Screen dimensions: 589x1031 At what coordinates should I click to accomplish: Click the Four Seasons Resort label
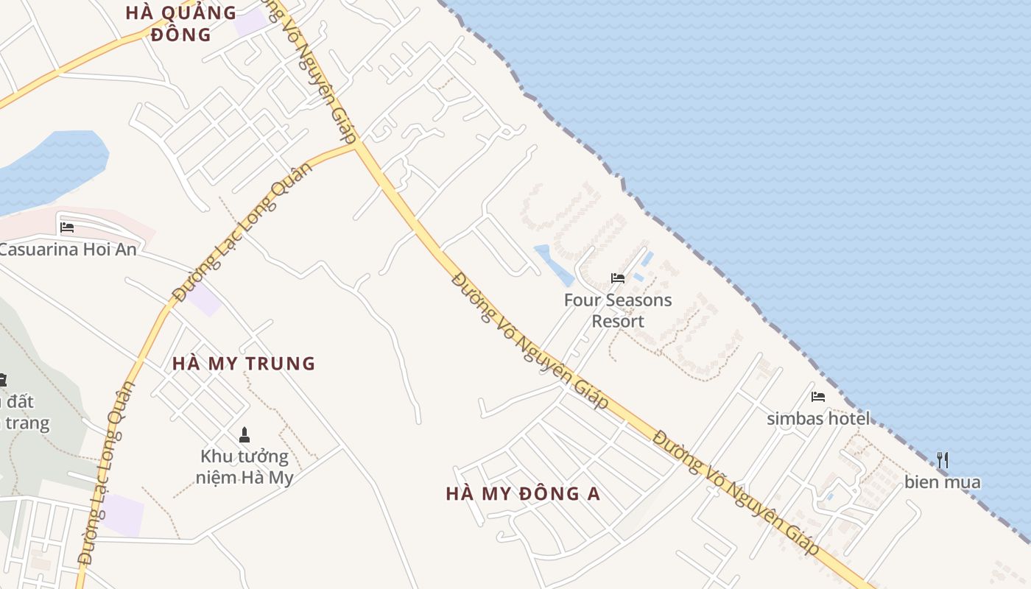click(618, 310)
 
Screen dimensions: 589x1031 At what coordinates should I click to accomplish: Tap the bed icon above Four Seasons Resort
click(618, 278)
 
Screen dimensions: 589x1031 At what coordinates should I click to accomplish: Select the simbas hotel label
click(817, 419)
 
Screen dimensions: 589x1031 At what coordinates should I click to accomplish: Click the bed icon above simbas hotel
click(817, 397)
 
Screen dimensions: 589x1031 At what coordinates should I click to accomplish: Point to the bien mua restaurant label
click(943, 483)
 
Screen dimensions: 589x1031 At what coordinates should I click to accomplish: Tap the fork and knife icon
click(943, 460)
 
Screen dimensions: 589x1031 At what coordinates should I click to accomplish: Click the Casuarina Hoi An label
click(68, 250)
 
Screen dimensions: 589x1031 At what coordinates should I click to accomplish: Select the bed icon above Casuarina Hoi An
click(67, 228)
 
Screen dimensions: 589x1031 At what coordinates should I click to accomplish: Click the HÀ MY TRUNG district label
click(244, 364)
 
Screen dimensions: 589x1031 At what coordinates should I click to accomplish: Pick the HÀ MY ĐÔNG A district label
click(523, 494)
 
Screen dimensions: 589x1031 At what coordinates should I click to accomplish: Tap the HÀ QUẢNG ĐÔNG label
click(180, 23)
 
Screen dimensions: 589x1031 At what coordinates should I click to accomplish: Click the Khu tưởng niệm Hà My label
click(244, 467)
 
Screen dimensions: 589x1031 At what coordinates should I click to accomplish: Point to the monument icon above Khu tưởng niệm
click(244, 435)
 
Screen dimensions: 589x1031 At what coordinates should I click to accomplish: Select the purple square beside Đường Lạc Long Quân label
click(204, 299)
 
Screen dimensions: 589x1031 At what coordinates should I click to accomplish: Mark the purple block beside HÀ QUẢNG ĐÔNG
click(251, 22)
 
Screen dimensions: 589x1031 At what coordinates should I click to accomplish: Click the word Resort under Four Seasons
click(618, 322)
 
